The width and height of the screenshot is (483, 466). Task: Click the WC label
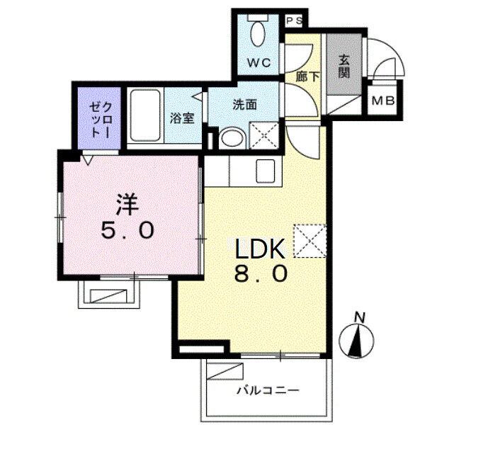(x=259, y=63)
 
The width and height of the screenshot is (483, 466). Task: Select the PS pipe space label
(x=295, y=21)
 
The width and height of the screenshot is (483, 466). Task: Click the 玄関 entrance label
(x=343, y=67)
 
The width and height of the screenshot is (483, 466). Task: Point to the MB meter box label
(x=383, y=101)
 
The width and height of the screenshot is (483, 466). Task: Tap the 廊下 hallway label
(x=307, y=76)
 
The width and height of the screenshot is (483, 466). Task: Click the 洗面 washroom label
(x=244, y=105)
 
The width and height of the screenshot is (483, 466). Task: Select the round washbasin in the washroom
(x=232, y=138)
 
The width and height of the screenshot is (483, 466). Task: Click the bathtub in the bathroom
(x=145, y=115)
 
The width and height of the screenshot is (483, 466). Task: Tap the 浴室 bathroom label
(x=182, y=118)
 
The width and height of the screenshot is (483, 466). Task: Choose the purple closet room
(x=99, y=118)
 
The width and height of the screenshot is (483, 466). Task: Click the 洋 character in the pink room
(x=127, y=205)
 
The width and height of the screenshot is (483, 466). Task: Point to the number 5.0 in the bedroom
(x=127, y=231)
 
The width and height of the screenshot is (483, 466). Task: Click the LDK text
(x=261, y=249)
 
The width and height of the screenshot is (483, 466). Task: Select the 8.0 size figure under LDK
(x=261, y=274)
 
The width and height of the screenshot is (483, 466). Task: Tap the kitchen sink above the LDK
(x=266, y=171)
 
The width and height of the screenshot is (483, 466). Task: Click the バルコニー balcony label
(x=268, y=391)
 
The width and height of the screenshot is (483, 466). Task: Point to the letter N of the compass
(x=359, y=317)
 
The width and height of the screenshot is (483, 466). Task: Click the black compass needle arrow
(x=356, y=342)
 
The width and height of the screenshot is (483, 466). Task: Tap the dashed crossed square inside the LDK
(x=310, y=241)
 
